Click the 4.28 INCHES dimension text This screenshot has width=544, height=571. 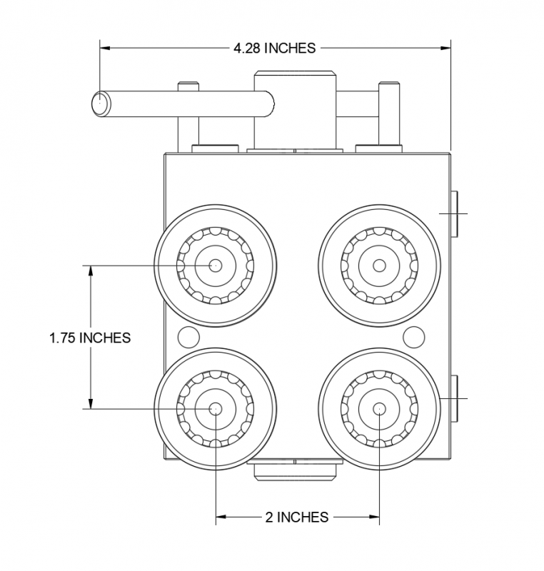pyautogui.click(x=274, y=49)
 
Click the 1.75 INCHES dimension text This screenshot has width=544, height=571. pyautogui.click(x=90, y=338)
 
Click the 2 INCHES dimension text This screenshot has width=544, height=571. pyautogui.click(x=296, y=517)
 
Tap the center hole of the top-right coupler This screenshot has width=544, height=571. pyautogui.click(x=379, y=266)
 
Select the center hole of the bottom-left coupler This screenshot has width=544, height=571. pyautogui.click(x=216, y=408)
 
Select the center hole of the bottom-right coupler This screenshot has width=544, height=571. pyautogui.click(x=379, y=408)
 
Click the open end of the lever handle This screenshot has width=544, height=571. pyautogui.click(x=100, y=103)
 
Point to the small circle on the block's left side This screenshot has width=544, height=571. pyautogui.click(x=187, y=335)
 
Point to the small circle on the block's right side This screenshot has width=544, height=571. pyautogui.click(x=413, y=335)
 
